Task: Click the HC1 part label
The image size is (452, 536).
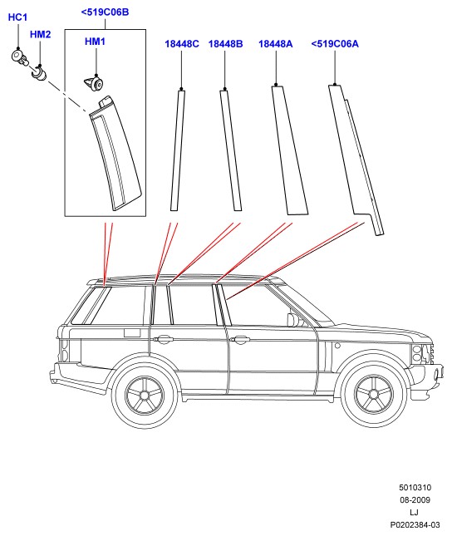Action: point(17,17)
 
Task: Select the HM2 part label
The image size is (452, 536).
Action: point(41,34)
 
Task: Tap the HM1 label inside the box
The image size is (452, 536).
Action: point(95,42)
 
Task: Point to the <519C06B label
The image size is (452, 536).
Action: point(105,12)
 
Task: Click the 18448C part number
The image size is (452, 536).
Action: point(182,44)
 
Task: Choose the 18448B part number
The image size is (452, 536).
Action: point(226,44)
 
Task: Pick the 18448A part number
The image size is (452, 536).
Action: point(276,44)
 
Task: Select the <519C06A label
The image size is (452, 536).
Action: point(335,44)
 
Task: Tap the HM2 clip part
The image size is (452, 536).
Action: point(39,73)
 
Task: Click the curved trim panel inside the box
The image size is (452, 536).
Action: point(115,154)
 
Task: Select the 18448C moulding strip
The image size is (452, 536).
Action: point(178,150)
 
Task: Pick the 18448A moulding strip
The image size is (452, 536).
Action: point(290,150)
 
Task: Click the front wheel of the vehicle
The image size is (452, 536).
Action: point(375,395)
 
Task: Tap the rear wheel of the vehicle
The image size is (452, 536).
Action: point(145,396)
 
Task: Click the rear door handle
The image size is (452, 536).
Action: point(164,339)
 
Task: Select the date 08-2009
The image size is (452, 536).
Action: point(415,499)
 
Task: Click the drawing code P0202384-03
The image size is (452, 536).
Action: point(415,524)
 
